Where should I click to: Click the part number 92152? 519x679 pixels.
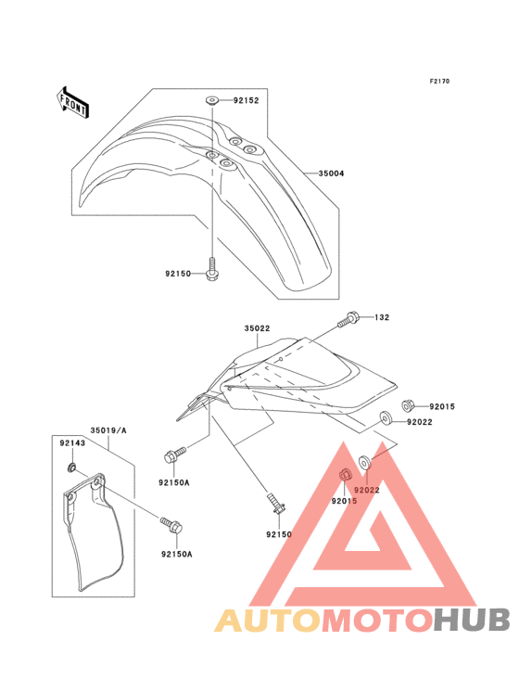pyautogui.click(x=247, y=100)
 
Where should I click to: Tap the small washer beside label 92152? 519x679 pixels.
pyautogui.click(x=212, y=100)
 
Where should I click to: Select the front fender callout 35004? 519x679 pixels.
pyautogui.click(x=331, y=173)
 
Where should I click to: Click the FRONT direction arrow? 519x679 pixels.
pyautogui.click(x=72, y=102)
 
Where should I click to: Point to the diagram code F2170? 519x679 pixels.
pyautogui.click(x=439, y=81)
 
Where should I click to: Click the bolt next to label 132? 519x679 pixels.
pyautogui.click(x=348, y=320)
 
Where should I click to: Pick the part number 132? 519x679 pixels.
pyautogui.click(x=382, y=317)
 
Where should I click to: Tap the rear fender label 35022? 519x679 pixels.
pyautogui.click(x=257, y=328)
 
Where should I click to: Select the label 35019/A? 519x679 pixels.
pyautogui.click(x=108, y=430)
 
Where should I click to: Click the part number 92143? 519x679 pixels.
pyautogui.click(x=72, y=443)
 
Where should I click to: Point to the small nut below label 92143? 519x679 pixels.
pyautogui.click(x=72, y=468)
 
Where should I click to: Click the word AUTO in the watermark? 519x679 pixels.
pyautogui.click(x=269, y=621)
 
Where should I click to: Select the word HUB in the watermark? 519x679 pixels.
pyautogui.click(x=473, y=621)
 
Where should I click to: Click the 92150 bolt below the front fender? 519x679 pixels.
pyautogui.click(x=211, y=269)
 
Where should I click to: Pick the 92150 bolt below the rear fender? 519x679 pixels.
pyautogui.click(x=275, y=504)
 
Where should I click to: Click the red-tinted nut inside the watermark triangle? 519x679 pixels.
pyautogui.click(x=344, y=474)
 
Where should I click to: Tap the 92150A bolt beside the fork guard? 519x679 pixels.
pyautogui.click(x=171, y=524)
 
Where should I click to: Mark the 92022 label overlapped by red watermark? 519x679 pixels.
pyautogui.click(x=367, y=490)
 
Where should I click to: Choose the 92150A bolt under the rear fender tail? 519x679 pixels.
pyautogui.click(x=175, y=455)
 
